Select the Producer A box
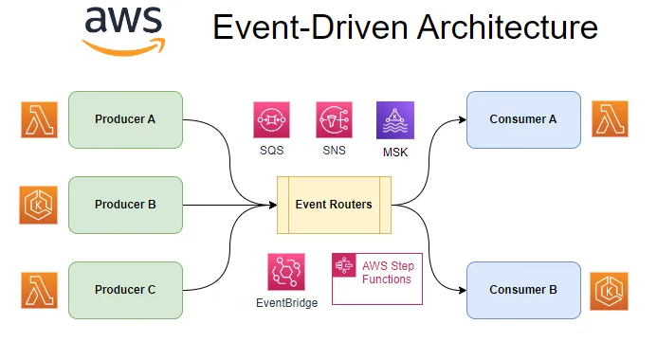[125, 119]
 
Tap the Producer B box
[125, 205]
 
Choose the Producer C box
[125, 290]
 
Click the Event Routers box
[334, 205]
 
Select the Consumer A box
[523, 119]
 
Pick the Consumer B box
[523, 290]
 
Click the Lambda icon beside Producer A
[39, 119]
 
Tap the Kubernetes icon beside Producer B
[39, 205]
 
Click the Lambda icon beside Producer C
[39, 290]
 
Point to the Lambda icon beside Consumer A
[611, 119]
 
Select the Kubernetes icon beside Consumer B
[611, 290]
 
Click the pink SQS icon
[271, 120]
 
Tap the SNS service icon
[334, 120]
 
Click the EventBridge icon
[285, 273]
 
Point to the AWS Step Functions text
[387, 273]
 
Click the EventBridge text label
[286, 303]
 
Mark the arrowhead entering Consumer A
[461, 119]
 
